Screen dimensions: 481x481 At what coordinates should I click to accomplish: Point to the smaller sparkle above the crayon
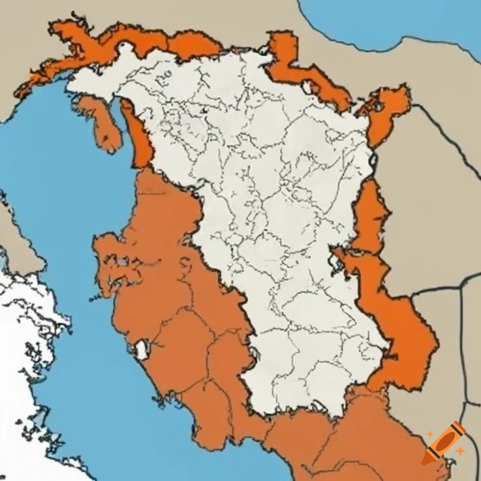(x=430, y=434)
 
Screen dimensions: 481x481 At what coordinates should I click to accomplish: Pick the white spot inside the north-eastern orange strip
(x=308, y=87)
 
